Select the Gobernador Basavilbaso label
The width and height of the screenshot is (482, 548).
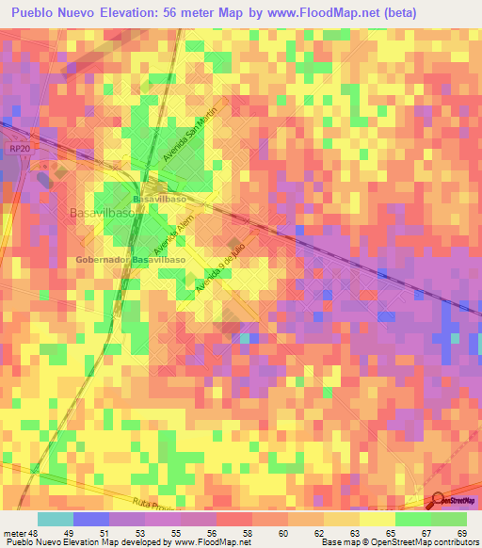131,258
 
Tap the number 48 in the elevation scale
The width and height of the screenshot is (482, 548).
34,533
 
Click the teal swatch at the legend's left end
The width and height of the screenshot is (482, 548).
56,519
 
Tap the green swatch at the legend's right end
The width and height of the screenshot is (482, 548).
449,519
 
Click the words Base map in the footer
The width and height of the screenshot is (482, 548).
336,542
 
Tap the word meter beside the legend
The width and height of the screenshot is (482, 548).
14,533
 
